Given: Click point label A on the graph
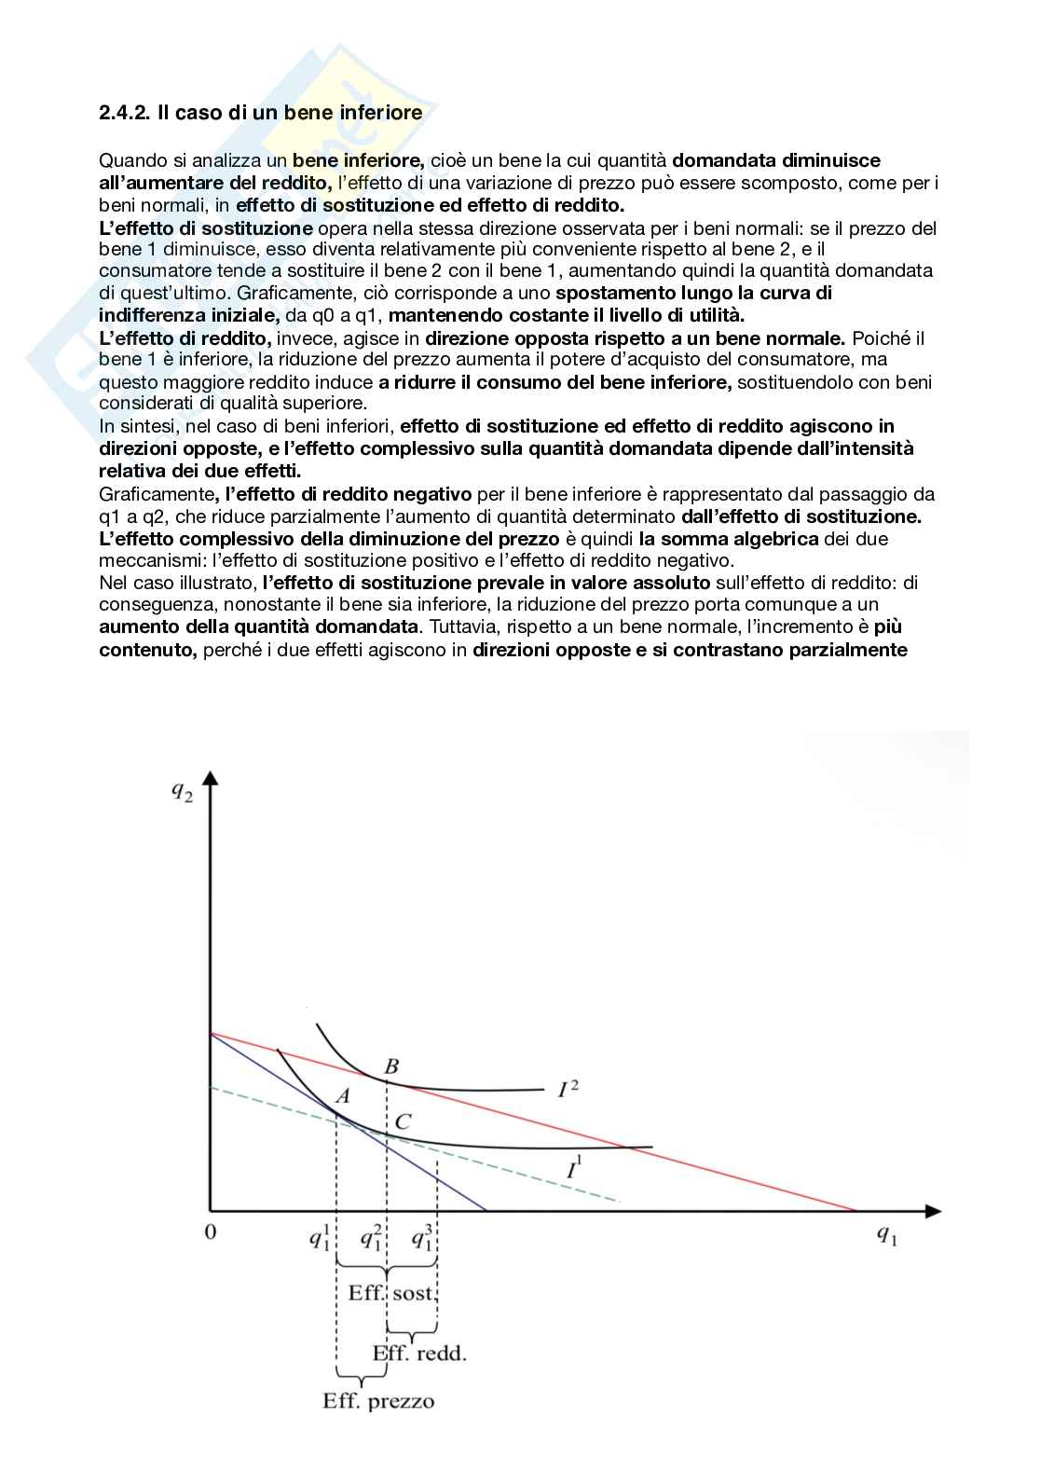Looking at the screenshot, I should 342,1096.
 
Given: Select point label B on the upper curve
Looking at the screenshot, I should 391,1066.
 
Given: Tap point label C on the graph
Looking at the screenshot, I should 402,1122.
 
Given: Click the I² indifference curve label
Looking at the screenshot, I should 568,1088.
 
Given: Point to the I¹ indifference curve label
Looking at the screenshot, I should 575,1168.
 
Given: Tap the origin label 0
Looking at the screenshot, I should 211,1232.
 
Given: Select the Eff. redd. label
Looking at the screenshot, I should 419,1353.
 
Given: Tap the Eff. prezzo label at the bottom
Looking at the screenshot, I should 378,1401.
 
